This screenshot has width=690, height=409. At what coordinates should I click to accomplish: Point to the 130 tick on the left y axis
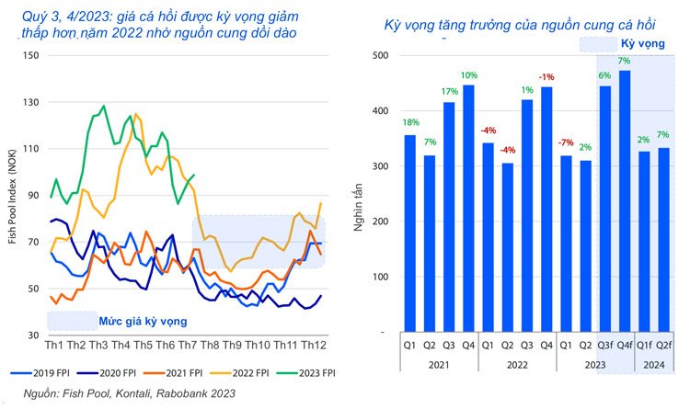[x=31, y=101]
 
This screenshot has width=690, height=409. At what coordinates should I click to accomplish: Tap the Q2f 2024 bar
[x=664, y=239]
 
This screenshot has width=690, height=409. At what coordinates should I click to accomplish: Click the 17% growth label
[x=449, y=91]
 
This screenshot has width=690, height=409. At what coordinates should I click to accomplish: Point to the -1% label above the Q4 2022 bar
[x=547, y=76]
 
